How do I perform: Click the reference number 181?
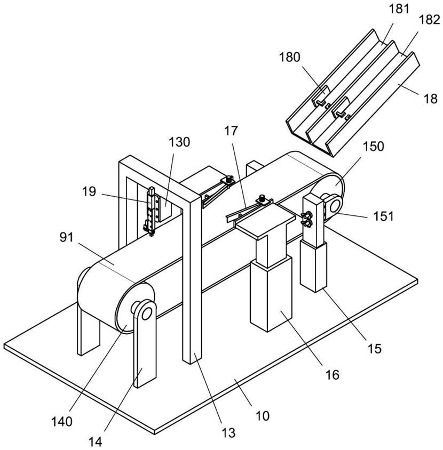(x=399, y=9)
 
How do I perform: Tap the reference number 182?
(x=429, y=20)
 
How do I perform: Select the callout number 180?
(x=289, y=58)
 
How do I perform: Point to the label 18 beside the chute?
(x=430, y=99)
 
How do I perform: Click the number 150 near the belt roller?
(x=374, y=147)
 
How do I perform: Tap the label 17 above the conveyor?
(x=231, y=131)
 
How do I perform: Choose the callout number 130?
(x=179, y=142)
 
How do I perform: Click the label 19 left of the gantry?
(x=89, y=191)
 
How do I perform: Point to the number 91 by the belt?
(x=67, y=238)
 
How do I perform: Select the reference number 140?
(x=61, y=422)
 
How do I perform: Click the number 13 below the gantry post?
(x=228, y=432)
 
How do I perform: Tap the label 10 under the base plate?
(x=263, y=415)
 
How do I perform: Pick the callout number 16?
(x=333, y=374)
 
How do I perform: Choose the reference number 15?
(x=374, y=348)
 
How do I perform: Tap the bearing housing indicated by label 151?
(x=333, y=205)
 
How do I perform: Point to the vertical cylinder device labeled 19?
(x=151, y=211)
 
